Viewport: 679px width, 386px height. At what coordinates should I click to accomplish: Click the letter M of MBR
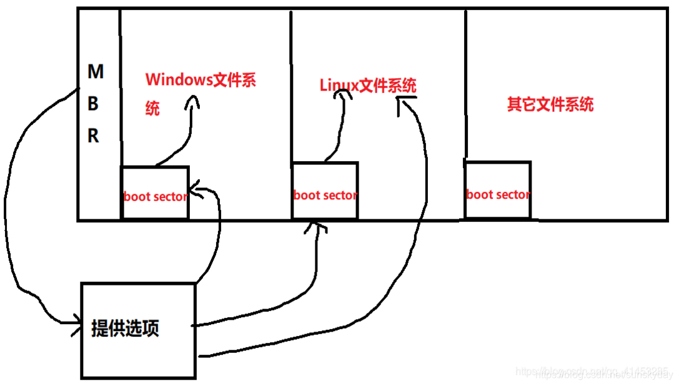coord(95,72)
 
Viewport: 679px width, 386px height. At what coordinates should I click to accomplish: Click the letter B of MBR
coord(93,104)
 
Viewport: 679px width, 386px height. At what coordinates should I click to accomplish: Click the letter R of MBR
coord(93,136)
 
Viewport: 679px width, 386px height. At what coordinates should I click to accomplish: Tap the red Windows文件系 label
coord(200,81)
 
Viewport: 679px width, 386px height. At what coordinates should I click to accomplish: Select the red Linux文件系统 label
coord(368,85)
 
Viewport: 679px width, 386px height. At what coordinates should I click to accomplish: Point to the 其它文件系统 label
coord(550,104)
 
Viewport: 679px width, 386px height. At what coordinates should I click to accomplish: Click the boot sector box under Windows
coord(155,193)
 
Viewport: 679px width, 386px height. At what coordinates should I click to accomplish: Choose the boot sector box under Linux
coord(325,191)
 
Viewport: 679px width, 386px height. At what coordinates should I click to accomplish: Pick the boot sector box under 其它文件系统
coord(497,191)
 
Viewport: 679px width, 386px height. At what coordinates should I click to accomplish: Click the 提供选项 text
coord(125,328)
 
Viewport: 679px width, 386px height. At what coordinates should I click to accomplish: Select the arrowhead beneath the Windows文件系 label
coord(192,101)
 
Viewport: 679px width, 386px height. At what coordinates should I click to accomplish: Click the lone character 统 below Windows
coord(152,108)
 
